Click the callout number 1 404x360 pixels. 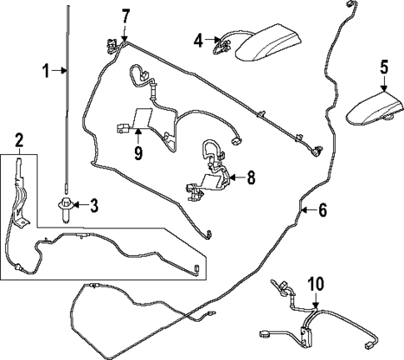coord(47,71)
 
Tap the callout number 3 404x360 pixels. coord(93,205)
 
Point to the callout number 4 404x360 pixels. coord(198,39)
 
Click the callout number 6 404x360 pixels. coord(321,211)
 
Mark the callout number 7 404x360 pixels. coord(126,15)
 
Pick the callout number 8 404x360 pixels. coord(249,177)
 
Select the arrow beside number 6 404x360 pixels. coord(308,210)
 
